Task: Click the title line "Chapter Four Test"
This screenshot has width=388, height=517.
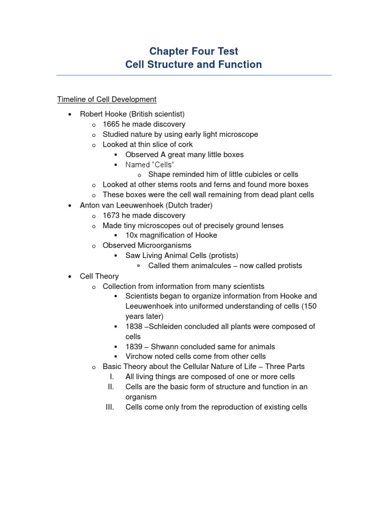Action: [x=193, y=51]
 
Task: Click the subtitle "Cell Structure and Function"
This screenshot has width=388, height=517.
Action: [x=193, y=65]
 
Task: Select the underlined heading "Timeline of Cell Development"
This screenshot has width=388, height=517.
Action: [x=107, y=99]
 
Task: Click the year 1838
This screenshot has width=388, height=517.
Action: [x=134, y=327]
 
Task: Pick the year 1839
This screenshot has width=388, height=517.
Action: [x=134, y=347]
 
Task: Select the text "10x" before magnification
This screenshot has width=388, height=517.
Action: [x=132, y=235]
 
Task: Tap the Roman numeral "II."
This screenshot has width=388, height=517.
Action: [x=112, y=387]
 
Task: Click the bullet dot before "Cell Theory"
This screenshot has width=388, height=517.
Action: [x=70, y=276]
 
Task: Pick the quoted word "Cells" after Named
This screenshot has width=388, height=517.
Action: [x=163, y=165]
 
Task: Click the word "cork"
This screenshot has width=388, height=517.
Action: [x=184, y=144]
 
